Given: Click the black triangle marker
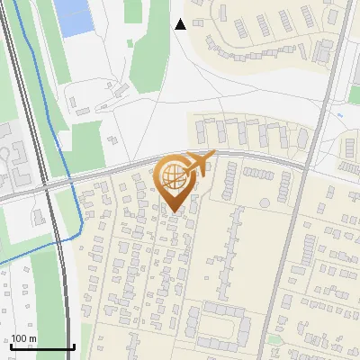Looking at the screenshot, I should [180, 24].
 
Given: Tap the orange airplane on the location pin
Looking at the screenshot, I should [199, 161].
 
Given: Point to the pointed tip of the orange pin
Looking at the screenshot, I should [173, 211].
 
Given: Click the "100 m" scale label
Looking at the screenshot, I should [23, 339].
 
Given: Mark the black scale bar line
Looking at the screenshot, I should [42, 347].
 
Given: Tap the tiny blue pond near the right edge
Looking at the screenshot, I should [339, 116].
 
